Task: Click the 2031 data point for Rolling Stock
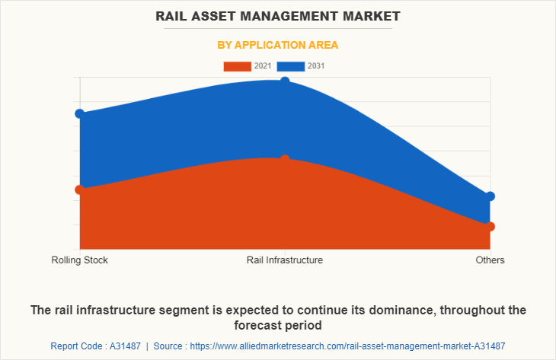[79, 113]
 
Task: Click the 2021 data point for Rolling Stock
[79, 190]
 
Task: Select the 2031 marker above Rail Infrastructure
[285, 81]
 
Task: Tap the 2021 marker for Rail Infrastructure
[285, 160]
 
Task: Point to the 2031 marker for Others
[490, 196]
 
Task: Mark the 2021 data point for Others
[490, 226]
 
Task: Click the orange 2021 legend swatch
[237, 66]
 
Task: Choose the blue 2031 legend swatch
[291, 66]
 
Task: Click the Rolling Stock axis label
[80, 260]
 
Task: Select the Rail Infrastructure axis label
[285, 260]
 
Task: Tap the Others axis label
[490, 260]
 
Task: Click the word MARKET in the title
[372, 15]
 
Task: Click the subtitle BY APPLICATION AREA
[278, 45]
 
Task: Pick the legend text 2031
[316, 66]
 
